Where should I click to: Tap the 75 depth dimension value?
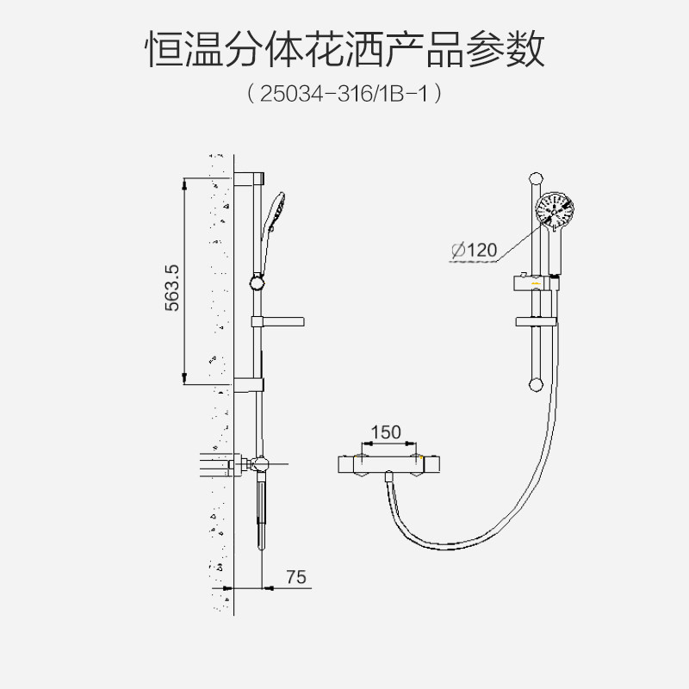pyautogui.click(x=295, y=577)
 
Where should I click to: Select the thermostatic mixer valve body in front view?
pyautogui.click(x=390, y=463)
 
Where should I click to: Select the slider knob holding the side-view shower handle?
pyautogui.click(x=257, y=282)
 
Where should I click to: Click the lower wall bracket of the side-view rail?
pyautogui.click(x=248, y=384)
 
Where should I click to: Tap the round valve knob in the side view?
pyautogui.click(x=263, y=465)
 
